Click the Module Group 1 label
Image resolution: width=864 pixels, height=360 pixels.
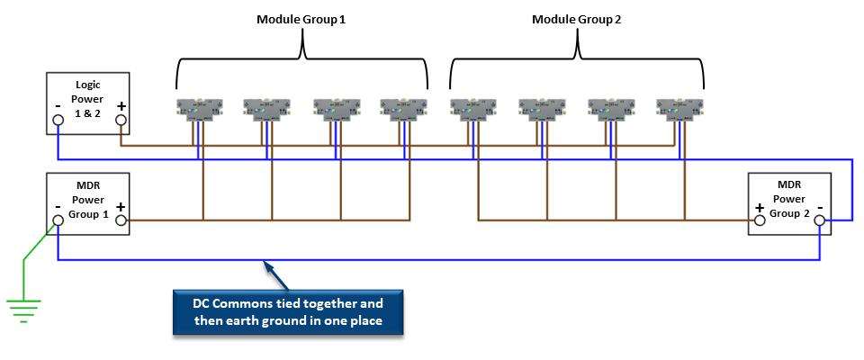[301, 19]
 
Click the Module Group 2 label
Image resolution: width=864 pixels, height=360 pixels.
[576, 19]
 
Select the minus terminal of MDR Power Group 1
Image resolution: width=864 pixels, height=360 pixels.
[58, 219]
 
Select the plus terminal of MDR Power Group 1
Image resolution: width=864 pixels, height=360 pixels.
[121, 219]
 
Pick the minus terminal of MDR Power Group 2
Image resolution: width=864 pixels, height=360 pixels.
[821, 219]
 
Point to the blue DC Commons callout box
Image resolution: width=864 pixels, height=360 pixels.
[288, 310]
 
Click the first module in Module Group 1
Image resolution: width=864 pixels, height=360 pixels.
[198, 109]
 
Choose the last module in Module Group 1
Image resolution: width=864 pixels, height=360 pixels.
[401, 109]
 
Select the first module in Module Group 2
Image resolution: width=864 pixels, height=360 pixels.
[472, 109]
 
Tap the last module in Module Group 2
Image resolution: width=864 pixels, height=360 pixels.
[678, 109]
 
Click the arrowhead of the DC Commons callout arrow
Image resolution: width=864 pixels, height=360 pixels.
[266, 264]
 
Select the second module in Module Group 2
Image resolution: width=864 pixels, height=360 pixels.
[541, 109]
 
